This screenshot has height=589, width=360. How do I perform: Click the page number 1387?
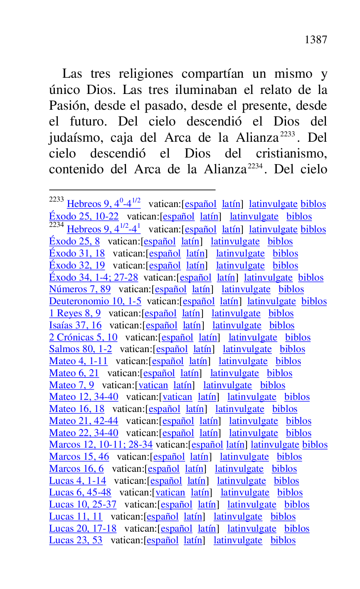point(316,40)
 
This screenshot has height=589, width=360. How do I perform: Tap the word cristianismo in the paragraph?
point(291,153)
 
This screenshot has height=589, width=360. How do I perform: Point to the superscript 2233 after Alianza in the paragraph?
point(287,134)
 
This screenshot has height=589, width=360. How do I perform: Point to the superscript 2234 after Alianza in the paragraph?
point(255,166)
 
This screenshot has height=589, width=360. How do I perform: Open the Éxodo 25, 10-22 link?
point(84,217)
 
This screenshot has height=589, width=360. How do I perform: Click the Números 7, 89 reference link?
point(80,289)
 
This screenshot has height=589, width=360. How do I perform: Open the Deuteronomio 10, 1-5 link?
point(95,301)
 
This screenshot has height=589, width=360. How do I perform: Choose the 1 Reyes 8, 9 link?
point(75,313)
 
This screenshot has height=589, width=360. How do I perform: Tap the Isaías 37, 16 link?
point(75,325)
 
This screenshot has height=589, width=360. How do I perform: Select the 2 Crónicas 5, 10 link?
point(83,338)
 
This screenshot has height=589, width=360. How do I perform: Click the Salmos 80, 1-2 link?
point(80,349)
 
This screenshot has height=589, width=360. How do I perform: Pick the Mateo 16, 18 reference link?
point(76,409)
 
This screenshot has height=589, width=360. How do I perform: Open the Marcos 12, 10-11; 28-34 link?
point(101,445)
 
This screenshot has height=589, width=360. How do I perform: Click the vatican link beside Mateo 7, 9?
point(153,385)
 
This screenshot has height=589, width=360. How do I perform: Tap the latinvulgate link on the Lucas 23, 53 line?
point(238,540)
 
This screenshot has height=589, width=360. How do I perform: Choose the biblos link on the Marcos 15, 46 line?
point(289,457)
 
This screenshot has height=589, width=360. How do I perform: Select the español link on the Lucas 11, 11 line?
point(163,517)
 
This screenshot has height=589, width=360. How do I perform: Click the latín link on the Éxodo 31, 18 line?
point(195,254)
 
